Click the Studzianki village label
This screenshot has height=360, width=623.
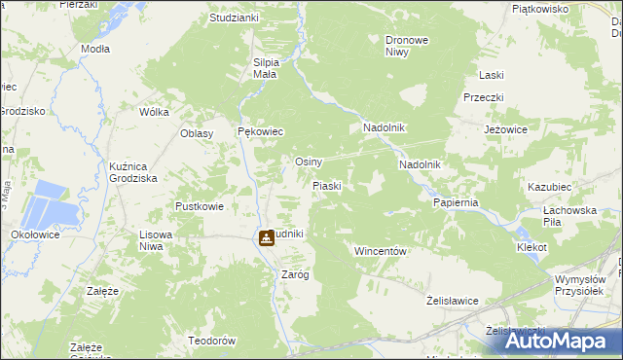click(x=234, y=18)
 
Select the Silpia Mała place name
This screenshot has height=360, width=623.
click(x=267, y=68)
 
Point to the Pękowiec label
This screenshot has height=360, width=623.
click(x=260, y=131)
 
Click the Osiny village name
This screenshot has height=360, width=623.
click(x=309, y=162)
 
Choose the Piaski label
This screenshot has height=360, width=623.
click(x=326, y=185)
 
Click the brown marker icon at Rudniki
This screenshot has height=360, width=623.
click(x=266, y=238)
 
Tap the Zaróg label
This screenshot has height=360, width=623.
click(x=295, y=274)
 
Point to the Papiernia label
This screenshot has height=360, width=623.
click(x=456, y=202)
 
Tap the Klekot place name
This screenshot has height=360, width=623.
click(x=532, y=248)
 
